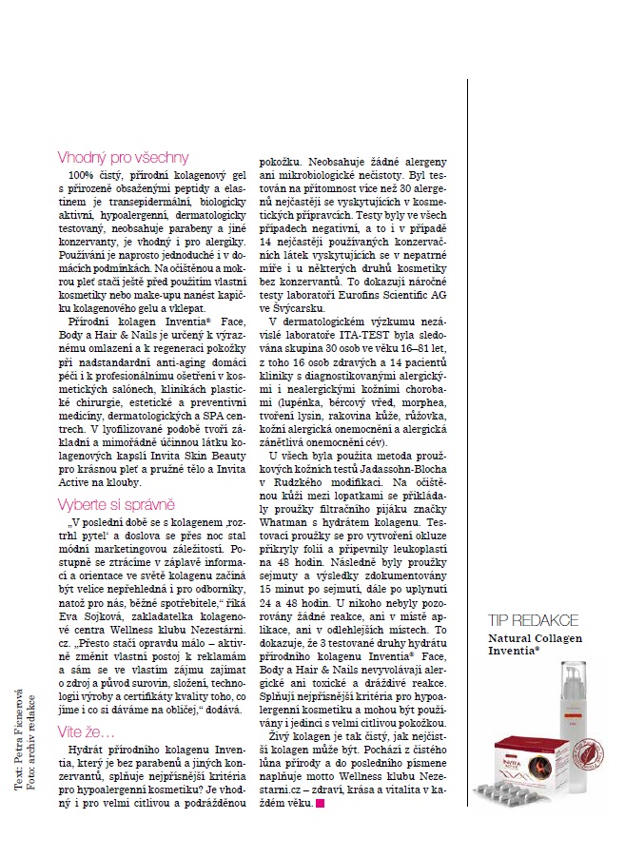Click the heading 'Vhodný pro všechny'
click(x=123, y=157)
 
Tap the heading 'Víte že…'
click(x=86, y=708)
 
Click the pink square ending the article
click(x=320, y=804)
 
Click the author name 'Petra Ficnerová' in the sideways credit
click(x=18, y=733)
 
